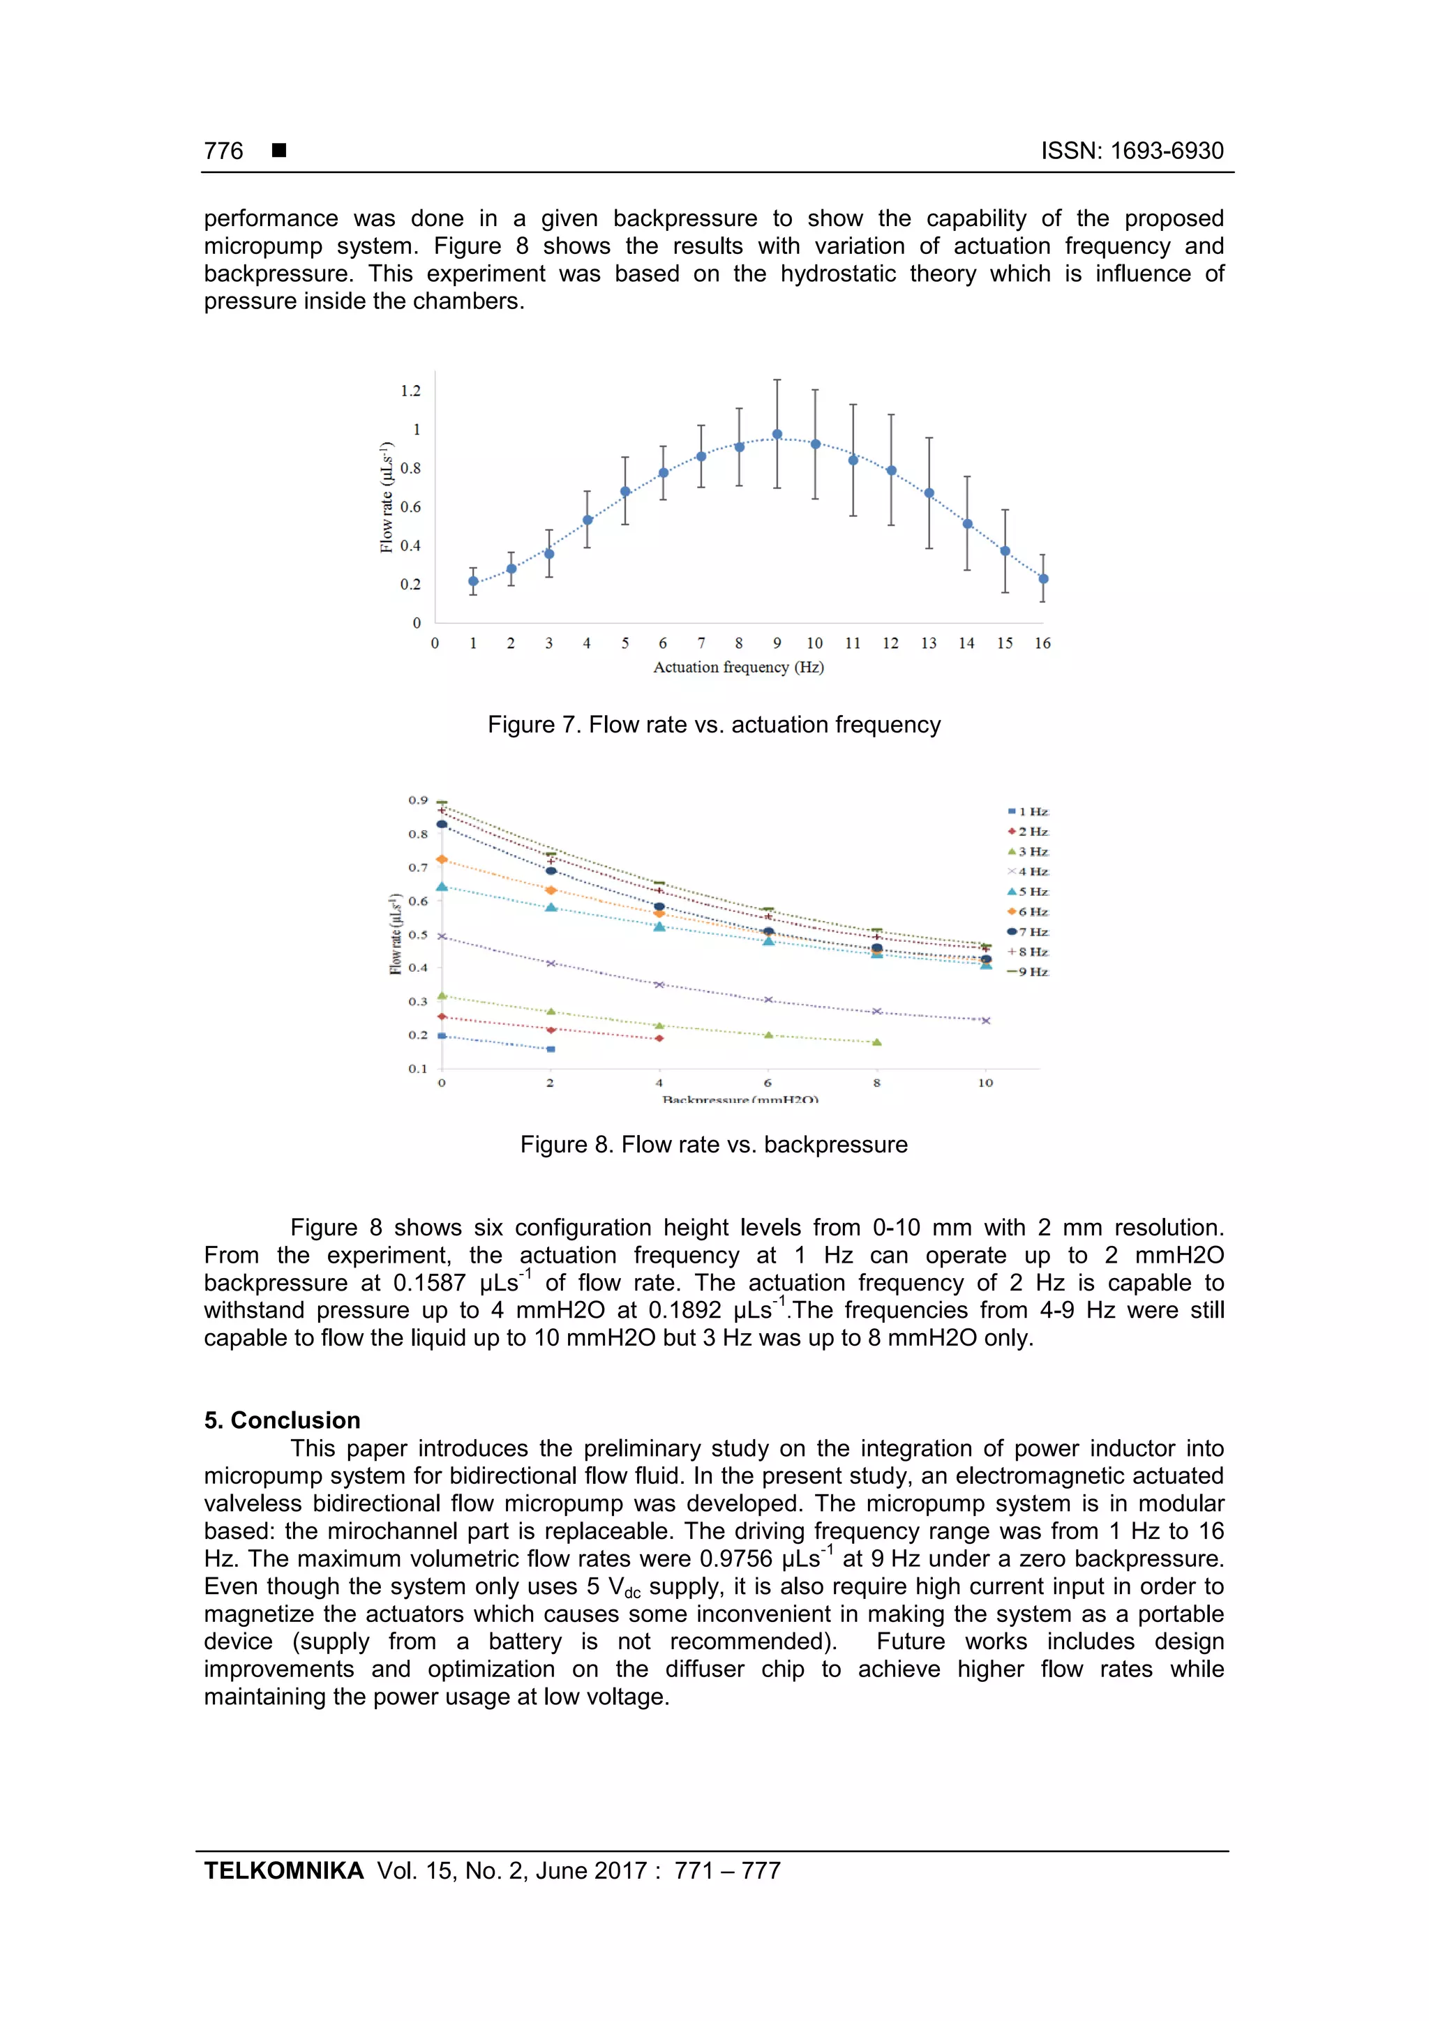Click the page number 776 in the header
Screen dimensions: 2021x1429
tap(224, 151)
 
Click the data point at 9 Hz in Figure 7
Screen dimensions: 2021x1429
tap(777, 434)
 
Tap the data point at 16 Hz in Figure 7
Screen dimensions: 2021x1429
tap(1043, 578)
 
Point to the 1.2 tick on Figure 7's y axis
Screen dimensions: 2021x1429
tap(410, 391)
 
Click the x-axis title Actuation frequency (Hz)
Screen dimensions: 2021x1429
tap(738, 667)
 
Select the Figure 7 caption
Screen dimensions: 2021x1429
tap(713, 724)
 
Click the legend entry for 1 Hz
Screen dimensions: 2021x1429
tap(1028, 811)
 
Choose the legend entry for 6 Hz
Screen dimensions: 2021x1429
tap(1028, 912)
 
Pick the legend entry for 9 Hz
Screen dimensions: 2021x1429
tap(1028, 972)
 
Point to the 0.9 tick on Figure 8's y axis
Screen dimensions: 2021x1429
tap(417, 800)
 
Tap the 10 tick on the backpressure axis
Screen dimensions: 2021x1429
tap(985, 1083)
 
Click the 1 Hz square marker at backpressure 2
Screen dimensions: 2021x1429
tap(551, 1049)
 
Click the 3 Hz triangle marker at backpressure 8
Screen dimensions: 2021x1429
tap(877, 1042)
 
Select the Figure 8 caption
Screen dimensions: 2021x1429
tap(713, 1144)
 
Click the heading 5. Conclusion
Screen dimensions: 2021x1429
tap(282, 1420)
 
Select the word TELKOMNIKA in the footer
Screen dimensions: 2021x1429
tap(283, 1870)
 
